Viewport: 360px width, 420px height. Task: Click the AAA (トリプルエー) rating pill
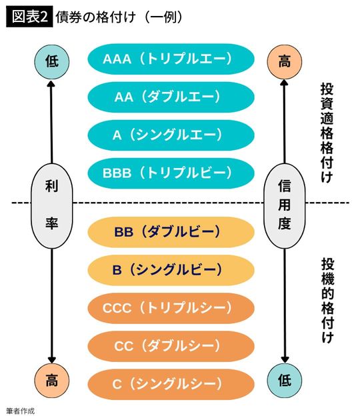coord(171,59)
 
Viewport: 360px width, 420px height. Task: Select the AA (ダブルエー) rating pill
coord(171,97)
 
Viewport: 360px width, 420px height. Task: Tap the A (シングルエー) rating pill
coord(171,135)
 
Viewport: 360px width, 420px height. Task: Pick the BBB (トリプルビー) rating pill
coord(171,173)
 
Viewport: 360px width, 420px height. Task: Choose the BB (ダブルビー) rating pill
coord(171,232)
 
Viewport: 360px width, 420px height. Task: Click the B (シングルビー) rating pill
coord(171,270)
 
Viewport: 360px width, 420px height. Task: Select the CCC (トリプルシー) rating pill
coord(171,308)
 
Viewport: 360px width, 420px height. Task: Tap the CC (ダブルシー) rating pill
coord(171,346)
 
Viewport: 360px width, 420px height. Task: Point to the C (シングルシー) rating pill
coord(171,384)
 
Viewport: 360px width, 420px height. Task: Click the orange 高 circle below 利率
coord(52,381)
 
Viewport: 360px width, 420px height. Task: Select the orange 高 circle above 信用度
coord(285,61)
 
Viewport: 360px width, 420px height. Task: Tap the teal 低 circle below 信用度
coord(285,381)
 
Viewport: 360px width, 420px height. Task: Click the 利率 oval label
coord(52,205)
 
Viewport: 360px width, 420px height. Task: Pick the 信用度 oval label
coord(285,205)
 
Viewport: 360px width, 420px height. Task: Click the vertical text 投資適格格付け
coord(327,133)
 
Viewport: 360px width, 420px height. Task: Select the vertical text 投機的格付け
coord(327,299)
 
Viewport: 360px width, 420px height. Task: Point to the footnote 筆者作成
coord(19,411)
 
